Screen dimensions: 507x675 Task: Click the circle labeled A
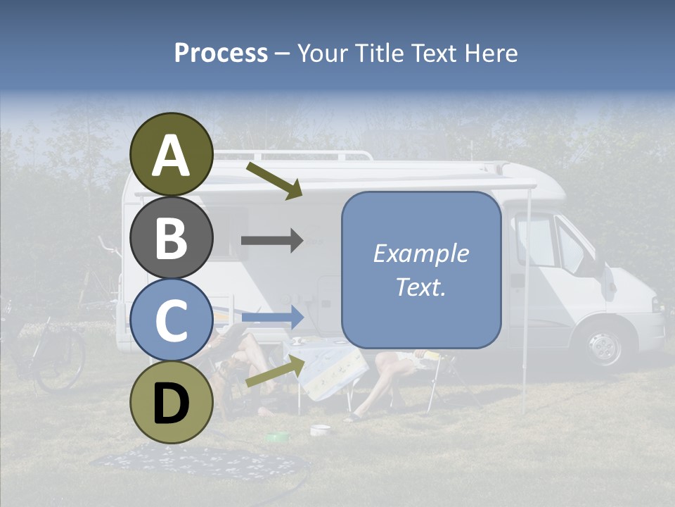pyautogui.click(x=172, y=155)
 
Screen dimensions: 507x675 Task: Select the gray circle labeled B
pyautogui.click(x=172, y=238)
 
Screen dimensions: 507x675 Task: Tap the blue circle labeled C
pyautogui.click(x=172, y=320)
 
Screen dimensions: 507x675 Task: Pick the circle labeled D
pyautogui.click(x=172, y=402)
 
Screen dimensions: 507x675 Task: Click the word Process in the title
pyautogui.click(x=221, y=54)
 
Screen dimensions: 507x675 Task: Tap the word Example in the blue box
pyautogui.click(x=420, y=254)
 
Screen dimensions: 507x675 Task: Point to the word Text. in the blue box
pyautogui.click(x=420, y=287)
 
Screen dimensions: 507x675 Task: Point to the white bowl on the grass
pyautogui.click(x=321, y=430)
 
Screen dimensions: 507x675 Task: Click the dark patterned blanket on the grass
pyautogui.click(x=197, y=461)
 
